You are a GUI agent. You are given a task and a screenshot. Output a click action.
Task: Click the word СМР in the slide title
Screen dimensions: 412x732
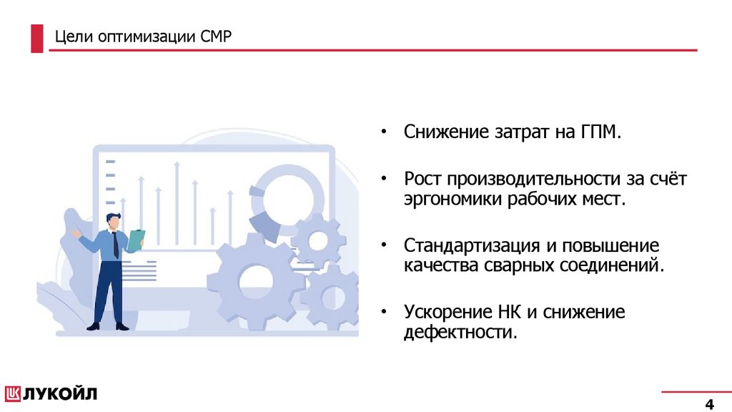coord(217,36)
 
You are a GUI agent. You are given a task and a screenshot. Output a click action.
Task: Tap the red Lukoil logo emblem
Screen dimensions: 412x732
coord(14,393)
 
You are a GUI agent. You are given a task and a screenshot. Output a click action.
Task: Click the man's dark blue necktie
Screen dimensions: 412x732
coord(116,245)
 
